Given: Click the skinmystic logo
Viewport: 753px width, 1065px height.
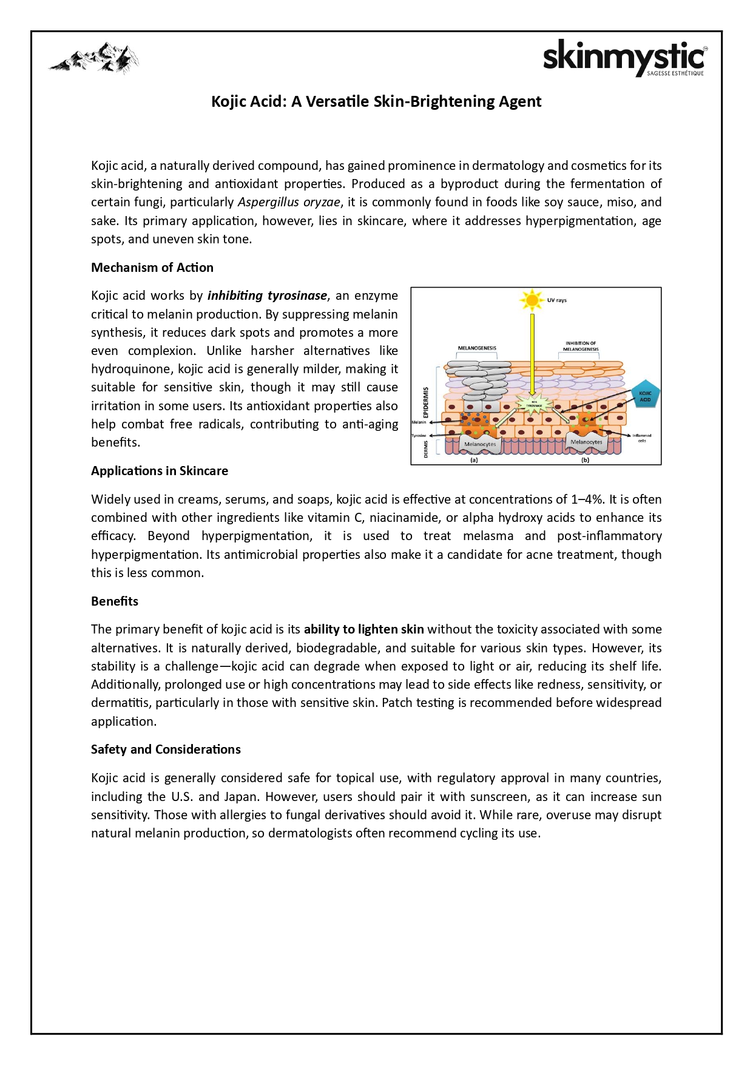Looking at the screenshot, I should (x=624, y=58).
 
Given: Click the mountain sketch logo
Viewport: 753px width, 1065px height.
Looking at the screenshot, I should (x=94, y=58).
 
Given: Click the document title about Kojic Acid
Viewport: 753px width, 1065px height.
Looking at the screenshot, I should (x=376, y=101).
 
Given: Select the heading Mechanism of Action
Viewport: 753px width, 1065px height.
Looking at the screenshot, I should (x=152, y=268).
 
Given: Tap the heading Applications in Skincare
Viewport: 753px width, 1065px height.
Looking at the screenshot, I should (x=160, y=471).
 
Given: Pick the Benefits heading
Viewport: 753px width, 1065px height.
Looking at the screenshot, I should (x=115, y=601).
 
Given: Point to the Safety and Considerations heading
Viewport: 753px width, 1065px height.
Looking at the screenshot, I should (x=166, y=749).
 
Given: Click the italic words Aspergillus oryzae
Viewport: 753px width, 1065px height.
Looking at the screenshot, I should (x=289, y=202).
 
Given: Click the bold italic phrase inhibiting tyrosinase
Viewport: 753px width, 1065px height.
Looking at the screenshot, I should (x=267, y=296).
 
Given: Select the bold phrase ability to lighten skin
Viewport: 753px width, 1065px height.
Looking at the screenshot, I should (x=364, y=629).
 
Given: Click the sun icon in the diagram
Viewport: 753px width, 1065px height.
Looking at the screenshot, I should (x=532, y=300).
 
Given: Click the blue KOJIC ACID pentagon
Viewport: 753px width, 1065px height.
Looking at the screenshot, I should (x=645, y=396).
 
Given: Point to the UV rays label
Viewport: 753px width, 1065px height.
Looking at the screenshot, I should (x=557, y=300).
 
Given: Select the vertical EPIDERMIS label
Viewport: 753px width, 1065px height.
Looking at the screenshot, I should (x=426, y=402).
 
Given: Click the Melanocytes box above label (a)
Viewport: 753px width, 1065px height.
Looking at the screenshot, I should (x=480, y=444).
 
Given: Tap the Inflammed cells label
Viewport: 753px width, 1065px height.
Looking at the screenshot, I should (x=642, y=438).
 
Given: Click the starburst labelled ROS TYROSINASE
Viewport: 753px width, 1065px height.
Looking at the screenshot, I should (x=533, y=404).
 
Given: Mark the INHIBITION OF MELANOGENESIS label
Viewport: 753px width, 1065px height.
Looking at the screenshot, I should (x=581, y=346).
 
